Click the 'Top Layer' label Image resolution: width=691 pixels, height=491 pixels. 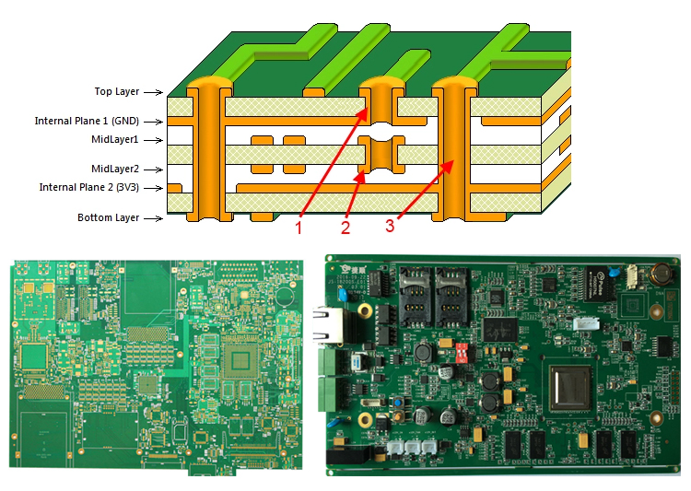[117, 91]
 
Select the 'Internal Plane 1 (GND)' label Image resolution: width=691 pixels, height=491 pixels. [87, 121]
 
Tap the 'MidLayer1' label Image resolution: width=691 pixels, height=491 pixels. [115, 139]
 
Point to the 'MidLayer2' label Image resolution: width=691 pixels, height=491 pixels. [115, 169]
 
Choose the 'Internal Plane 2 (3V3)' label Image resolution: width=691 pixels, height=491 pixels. [89, 187]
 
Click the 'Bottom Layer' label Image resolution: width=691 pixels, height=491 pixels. [109, 217]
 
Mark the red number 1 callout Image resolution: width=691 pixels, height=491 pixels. [299, 228]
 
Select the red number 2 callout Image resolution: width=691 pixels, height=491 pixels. [345, 228]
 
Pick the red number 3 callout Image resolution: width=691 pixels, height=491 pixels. [390, 226]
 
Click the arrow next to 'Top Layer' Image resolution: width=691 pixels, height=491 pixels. [153, 92]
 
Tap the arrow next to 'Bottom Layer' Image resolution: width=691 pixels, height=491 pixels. [153, 218]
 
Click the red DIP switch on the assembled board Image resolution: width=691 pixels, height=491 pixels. [462, 353]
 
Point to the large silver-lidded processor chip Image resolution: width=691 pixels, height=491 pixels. [570, 388]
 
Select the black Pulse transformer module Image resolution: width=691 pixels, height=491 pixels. [601, 284]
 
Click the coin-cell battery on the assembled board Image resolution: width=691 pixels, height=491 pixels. [660, 274]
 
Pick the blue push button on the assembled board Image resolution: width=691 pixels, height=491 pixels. [399, 403]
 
